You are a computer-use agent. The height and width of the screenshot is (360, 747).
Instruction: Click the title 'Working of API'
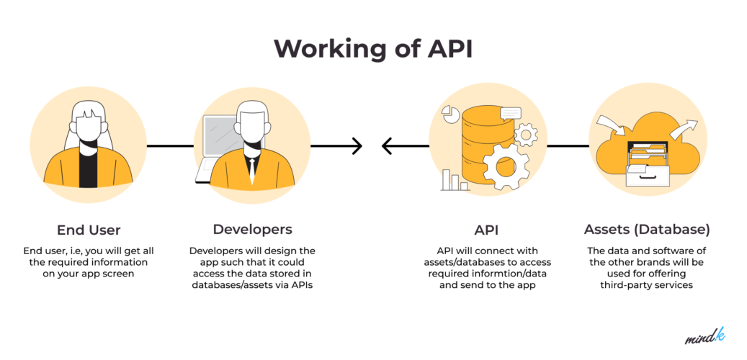[x=373, y=48]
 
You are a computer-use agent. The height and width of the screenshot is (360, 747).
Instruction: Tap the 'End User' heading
[x=89, y=230]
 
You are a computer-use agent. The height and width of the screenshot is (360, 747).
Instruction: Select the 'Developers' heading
[x=252, y=230]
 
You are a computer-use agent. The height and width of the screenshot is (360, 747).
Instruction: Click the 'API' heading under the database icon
[x=486, y=230]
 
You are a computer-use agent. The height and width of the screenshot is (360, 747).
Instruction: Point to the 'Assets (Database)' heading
[x=646, y=230]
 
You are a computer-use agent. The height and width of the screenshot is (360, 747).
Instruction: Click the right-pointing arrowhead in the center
[x=357, y=146]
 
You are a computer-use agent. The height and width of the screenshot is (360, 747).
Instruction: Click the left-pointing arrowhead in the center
[x=387, y=146]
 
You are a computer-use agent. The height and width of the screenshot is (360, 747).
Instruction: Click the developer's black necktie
[x=251, y=168]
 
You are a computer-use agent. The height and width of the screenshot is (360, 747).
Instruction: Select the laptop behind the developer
[x=217, y=140]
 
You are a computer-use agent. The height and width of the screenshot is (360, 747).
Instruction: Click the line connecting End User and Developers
[x=170, y=146]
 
